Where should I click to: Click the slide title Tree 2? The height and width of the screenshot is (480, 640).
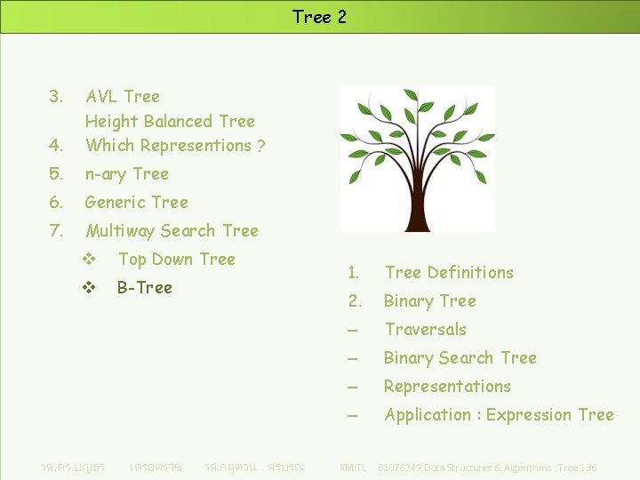coord(319,17)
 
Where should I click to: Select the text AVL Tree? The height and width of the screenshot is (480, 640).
coord(123,96)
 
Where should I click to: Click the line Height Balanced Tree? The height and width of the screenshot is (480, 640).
coord(170,121)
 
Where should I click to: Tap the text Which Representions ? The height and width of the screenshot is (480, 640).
coord(175,146)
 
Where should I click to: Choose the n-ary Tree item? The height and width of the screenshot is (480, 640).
coord(126,174)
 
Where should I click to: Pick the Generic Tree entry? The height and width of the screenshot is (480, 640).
coord(136,203)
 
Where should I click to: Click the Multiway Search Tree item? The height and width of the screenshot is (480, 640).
coord(172,231)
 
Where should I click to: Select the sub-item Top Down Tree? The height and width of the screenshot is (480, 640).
coord(176,260)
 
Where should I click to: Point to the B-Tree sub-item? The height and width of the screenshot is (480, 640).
coord(145,288)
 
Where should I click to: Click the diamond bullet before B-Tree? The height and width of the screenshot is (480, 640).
coord(88,288)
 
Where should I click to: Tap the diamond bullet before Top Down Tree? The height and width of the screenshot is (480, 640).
coord(88,260)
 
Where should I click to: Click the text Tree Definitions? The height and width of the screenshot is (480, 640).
coord(449,273)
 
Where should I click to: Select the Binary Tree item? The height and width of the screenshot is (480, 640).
coord(430,301)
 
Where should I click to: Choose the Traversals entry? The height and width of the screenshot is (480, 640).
coord(425,330)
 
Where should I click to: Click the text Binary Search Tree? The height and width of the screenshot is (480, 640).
coord(460,358)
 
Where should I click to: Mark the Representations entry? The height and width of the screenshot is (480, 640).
coord(447,387)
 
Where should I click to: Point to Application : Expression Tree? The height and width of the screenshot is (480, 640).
coord(499,415)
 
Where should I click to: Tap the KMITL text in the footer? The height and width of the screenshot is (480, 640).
coord(353,468)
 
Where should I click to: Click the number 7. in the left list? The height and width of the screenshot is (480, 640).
coord(56,231)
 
